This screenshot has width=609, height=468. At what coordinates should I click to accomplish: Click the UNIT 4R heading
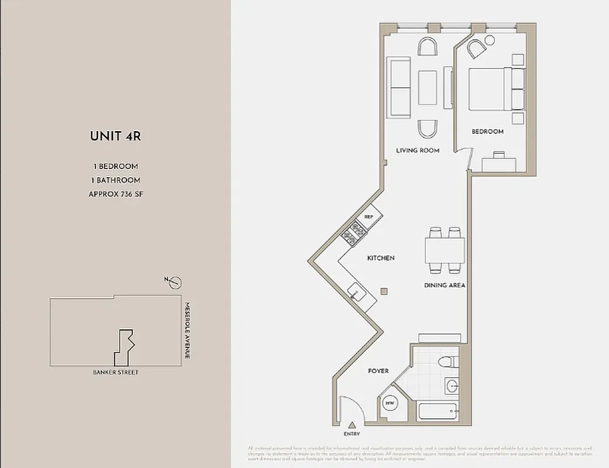pos(115,136)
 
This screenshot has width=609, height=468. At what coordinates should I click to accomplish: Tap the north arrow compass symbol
pos(175,283)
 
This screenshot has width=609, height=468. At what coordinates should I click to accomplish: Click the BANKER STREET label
pos(116,372)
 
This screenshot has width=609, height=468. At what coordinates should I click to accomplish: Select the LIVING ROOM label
pos(418,150)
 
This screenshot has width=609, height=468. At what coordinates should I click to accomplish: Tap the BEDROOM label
pos(487,132)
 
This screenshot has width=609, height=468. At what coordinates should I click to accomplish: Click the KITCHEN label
pos(381,258)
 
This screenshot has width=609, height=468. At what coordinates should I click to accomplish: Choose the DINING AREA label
pos(445,285)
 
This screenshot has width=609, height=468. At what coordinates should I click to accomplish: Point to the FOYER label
pos(378,371)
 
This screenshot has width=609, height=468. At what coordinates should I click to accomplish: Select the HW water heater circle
pos(389,403)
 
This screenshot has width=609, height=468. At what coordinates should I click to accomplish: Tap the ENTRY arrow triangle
pos(352,425)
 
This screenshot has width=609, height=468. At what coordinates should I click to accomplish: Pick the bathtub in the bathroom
pos(439,411)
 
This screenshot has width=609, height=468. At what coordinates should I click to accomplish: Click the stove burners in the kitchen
pos(354,234)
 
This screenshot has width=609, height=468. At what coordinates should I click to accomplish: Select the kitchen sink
pos(355,291)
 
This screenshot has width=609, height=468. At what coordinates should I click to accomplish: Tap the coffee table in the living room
pos(427,88)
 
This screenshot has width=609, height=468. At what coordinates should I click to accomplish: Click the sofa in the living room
pos(399,88)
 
